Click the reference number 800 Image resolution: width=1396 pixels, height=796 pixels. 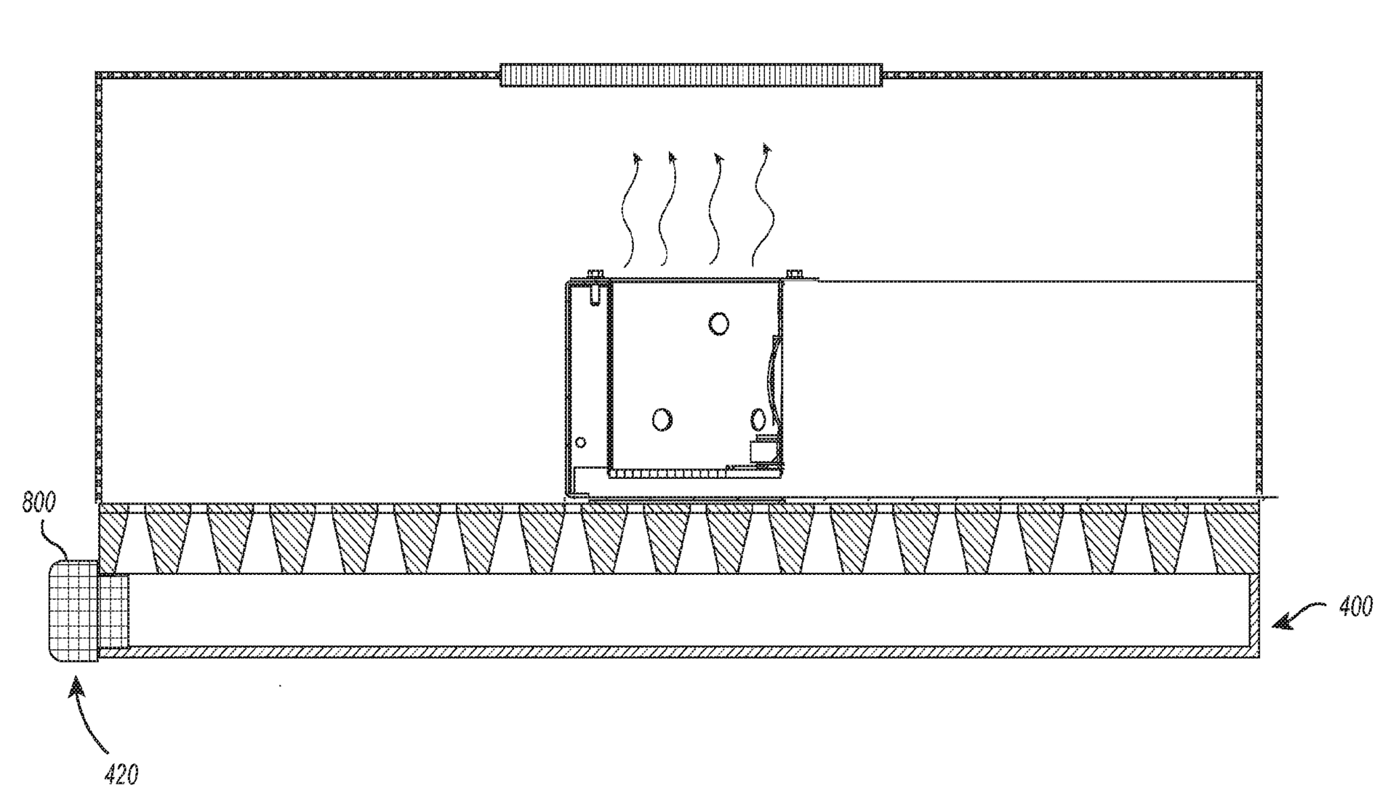(39, 503)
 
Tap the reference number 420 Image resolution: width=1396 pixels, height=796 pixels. (121, 775)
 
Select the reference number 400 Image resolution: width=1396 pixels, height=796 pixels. (1355, 606)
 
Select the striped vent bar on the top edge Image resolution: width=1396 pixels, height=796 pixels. (691, 75)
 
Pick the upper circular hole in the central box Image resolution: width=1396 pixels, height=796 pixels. (719, 323)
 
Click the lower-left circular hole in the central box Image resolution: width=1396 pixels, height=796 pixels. (662, 419)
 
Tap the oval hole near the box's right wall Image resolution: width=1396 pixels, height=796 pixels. (757, 419)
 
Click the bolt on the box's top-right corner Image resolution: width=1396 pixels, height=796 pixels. (793, 274)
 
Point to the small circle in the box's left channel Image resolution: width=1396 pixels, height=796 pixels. (580, 442)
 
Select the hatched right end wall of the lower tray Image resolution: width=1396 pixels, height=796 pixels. (1253, 614)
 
